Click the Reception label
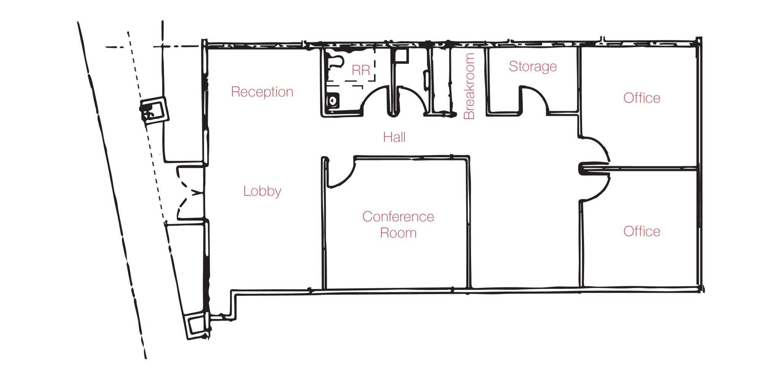pyautogui.click(x=262, y=92)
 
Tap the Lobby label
pyautogui.click(x=262, y=191)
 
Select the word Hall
pyautogui.click(x=394, y=137)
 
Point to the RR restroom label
pyautogui.click(x=361, y=70)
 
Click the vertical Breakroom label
pyautogui.click(x=470, y=86)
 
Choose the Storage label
pyautogui.click(x=533, y=67)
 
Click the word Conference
pyautogui.click(x=398, y=216)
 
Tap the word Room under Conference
pyautogui.click(x=398, y=233)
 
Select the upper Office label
pyautogui.click(x=642, y=98)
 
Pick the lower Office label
pyautogui.click(x=642, y=231)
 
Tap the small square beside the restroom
pyautogui.click(x=401, y=56)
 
